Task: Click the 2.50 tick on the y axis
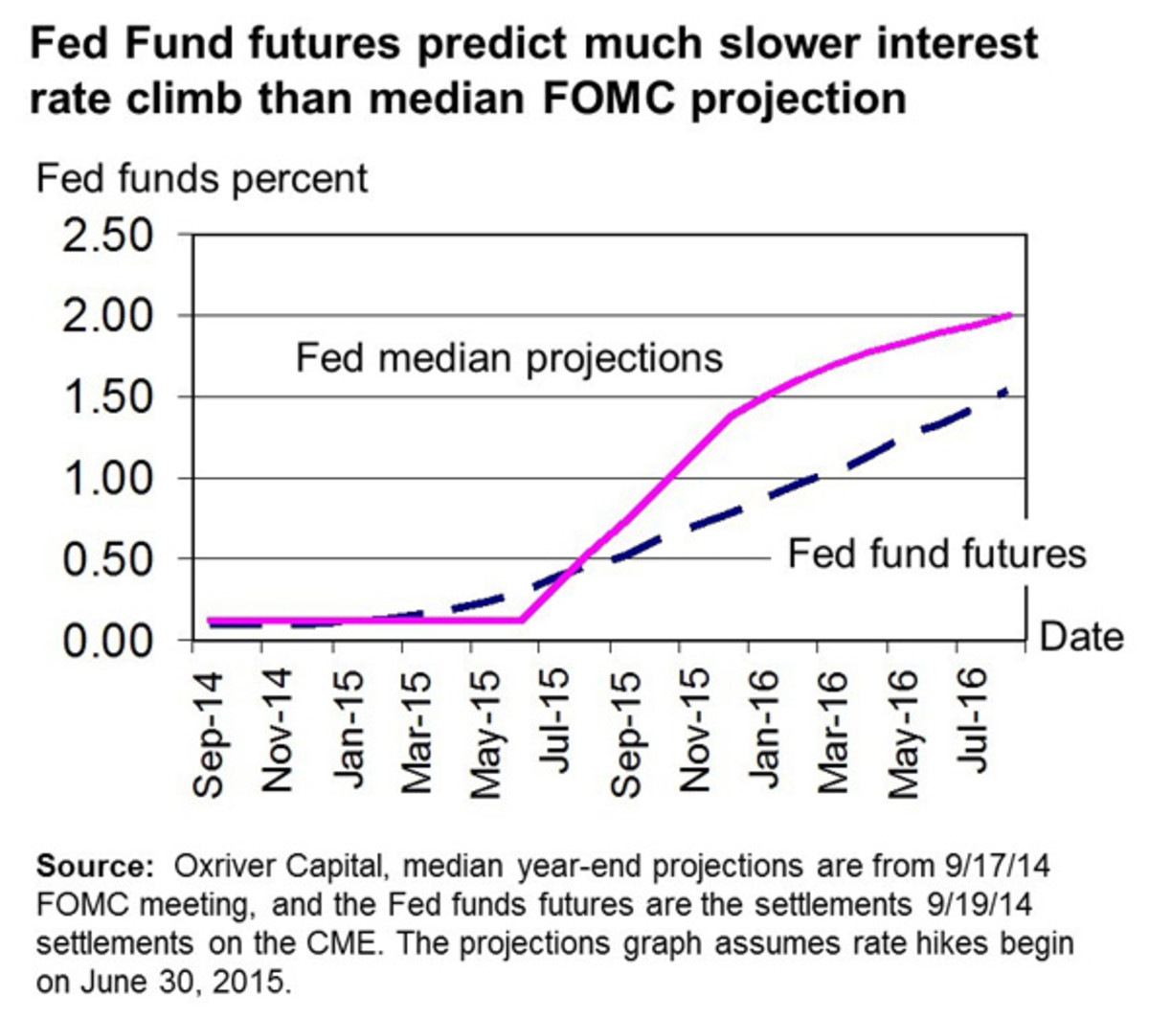click(x=107, y=236)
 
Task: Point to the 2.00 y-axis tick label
click(x=107, y=316)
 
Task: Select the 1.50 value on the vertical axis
click(x=107, y=396)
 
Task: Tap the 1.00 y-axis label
click(x=107, y=478)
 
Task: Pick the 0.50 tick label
click(x=107, y=558)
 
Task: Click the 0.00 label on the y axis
click(x=107, y=640)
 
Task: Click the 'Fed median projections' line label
click(x=508, y=358)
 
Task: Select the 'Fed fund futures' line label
click(x=936, y=554)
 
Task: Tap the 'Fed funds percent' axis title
click(x=202, y=179)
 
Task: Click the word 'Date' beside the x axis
click(x=1081, y=636)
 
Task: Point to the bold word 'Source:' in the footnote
click(x=95, y=867)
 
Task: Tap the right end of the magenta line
click(x=1010, y=315)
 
